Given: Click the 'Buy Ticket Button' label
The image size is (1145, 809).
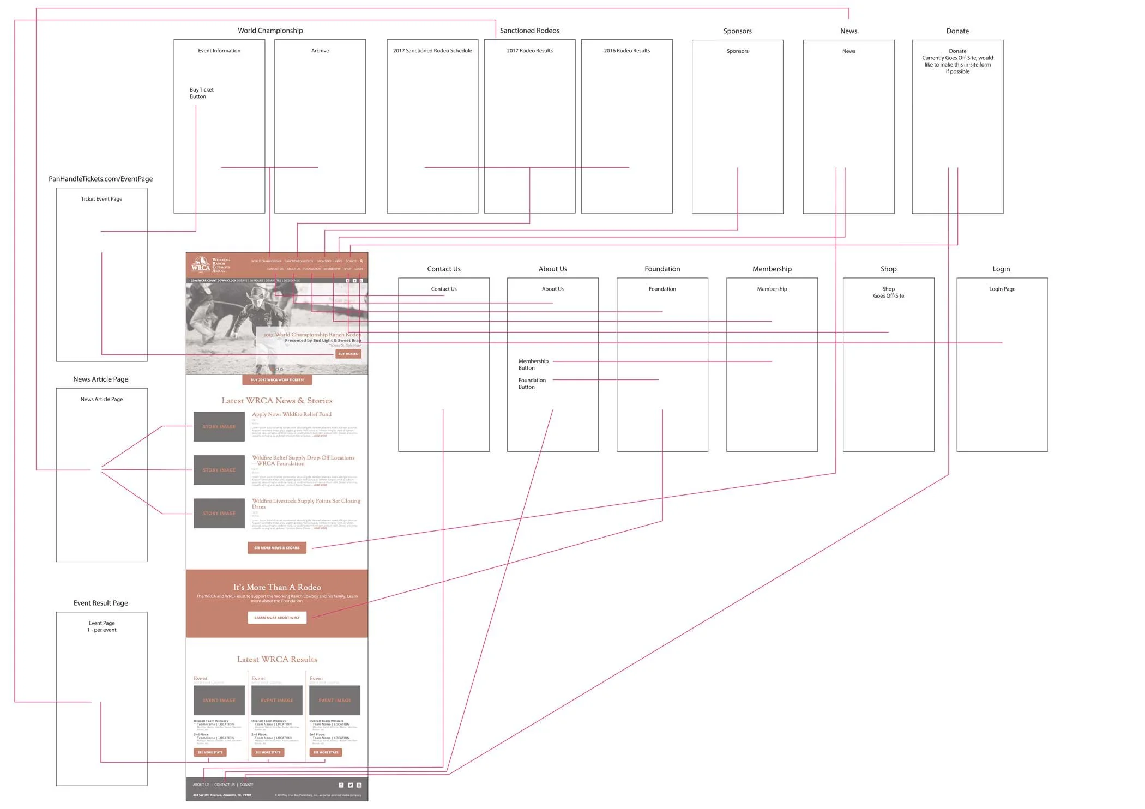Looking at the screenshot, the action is click(201, 93).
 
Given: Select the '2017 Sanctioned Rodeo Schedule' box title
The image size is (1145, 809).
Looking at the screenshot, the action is click(432, 51).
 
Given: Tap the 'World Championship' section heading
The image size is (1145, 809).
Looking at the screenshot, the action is click(270, 31).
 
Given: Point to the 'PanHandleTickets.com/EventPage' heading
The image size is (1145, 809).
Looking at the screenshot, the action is click(100, 179).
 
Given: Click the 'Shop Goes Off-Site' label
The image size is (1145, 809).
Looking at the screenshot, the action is click(888, 292).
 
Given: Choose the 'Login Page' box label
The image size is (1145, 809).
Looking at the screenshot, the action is click(1002, 289).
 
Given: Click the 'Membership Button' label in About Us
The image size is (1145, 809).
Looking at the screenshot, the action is click(533, 364).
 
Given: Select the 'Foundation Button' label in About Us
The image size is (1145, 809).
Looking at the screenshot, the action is click(532, 383).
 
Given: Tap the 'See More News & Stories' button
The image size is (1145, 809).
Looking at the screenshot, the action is click(276, 548).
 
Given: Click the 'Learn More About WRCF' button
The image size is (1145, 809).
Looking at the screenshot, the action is click(276, 618).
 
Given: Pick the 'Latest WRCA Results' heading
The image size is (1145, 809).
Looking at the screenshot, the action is click(277, 660).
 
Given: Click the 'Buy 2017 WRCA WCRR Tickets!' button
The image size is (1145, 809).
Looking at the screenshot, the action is click(277, 380).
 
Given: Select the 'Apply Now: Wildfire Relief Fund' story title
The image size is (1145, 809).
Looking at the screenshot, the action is click(291, 414).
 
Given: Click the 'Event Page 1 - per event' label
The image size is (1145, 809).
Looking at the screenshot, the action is click(101, 626).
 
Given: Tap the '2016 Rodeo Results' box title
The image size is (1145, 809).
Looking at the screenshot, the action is click(626, 51).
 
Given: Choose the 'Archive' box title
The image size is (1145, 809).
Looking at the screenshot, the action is click(320, 51).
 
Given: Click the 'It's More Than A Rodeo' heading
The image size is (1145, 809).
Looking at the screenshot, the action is click(277, 587).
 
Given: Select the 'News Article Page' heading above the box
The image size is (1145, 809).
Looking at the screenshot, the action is click(100, 379).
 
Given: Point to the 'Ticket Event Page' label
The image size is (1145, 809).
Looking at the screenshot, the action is click(101, 199).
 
